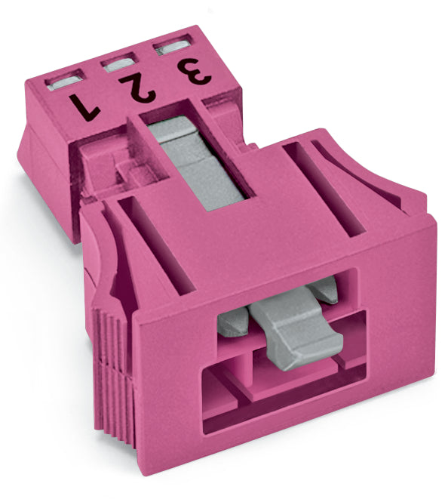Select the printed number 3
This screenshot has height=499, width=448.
point(195,71)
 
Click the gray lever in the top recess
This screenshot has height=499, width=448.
point(196,163)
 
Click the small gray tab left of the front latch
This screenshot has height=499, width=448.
point(233,322)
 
